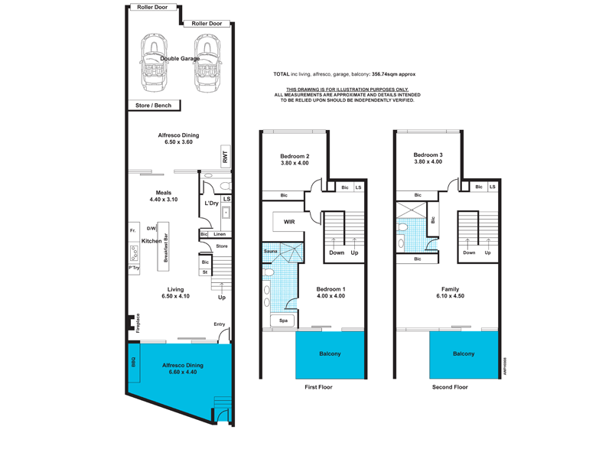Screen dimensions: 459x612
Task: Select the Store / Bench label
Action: tap(153, 106)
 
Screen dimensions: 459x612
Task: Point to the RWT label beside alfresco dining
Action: tap(225, 157)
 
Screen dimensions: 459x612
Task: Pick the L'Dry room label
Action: tap(212, 203)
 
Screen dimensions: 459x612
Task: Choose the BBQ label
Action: tap(133, 360)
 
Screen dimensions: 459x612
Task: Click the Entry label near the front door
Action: tap(220, 324)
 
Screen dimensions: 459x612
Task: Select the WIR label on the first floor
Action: tap(289, 222)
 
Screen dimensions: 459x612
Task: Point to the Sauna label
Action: tap(270, 251)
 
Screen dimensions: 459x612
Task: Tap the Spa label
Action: tap(283, 321)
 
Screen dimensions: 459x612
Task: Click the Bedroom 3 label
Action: tap(428, 155)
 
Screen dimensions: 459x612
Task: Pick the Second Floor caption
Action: tap(449, 387)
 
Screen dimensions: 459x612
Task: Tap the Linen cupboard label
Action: tap(220, 233)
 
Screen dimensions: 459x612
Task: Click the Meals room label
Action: tap(164, 193)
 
